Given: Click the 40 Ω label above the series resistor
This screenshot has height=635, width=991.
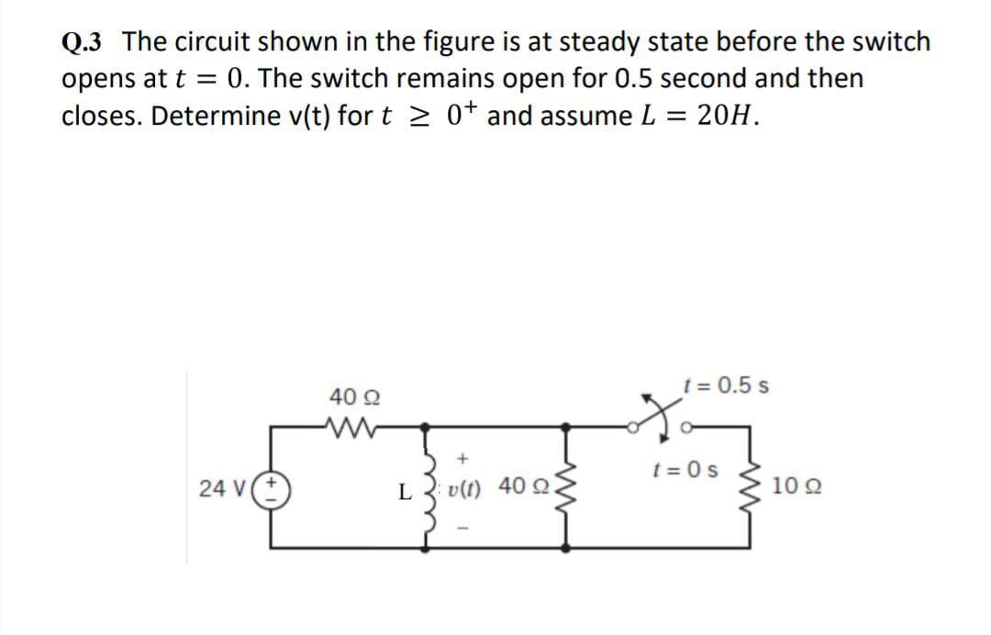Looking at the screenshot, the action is coord(348,396).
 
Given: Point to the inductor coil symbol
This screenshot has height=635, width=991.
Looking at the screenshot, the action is coord(427,486).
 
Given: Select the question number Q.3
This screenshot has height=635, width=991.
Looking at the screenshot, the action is coord(84,42).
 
